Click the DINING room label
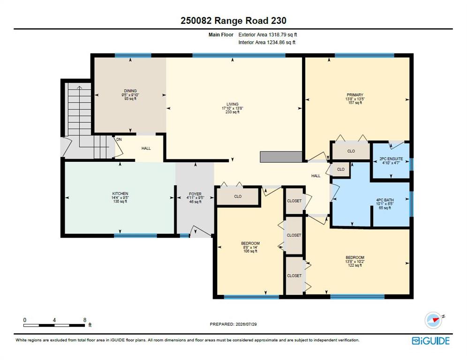click(x=130, y=91)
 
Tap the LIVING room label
click(x=232, y=104)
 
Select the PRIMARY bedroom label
click(x=355, y=95)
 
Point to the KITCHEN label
click(x=120, y=194)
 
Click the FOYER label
click(x=195, y=194)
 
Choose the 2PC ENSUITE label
click(x=391, y=159)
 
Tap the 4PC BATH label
click(x=385, y=200)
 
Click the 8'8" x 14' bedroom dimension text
click(x=250, y=247)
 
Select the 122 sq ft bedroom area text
click(x=355, y=265)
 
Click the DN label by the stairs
click(x=119, y=139)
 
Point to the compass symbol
click(x=433, y=321)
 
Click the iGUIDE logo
click(x=431, y=341)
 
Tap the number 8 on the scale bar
click(x=84, y=320)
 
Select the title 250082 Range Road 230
click(x=233, y=21)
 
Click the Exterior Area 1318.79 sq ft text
click(x=268, y=35)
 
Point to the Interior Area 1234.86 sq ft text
click(x=267, y=42)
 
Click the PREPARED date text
click(x=233, y=324)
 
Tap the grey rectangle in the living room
click(x=281, y=157)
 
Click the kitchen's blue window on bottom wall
click(x=136, y=235)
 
